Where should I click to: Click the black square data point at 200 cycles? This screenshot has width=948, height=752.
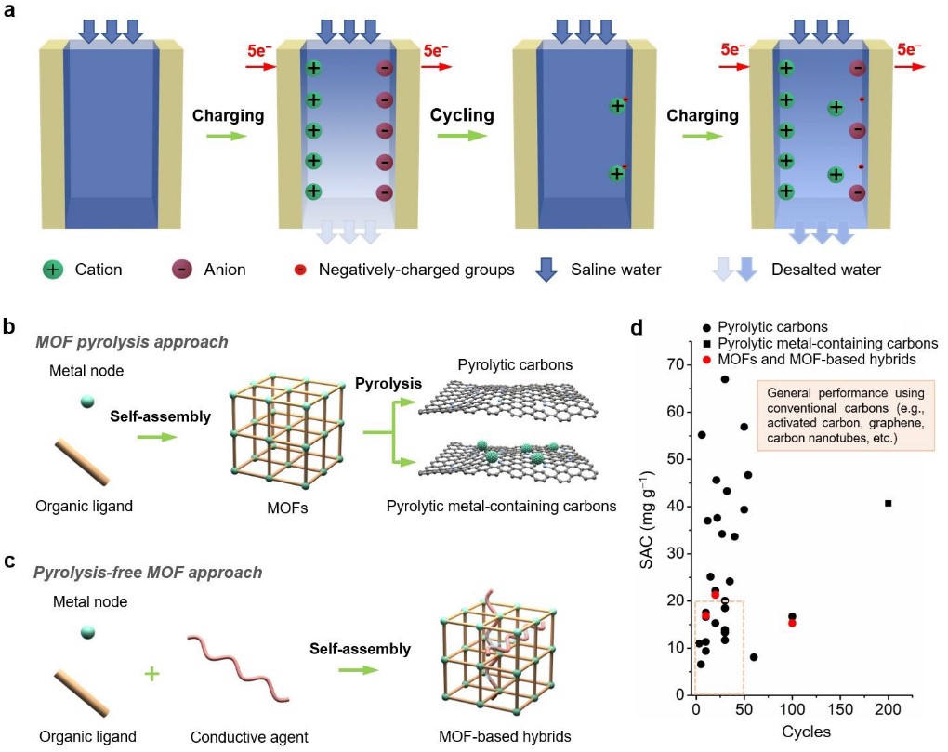pos(888,503)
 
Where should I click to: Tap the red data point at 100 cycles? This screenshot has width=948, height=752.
pos(792,623)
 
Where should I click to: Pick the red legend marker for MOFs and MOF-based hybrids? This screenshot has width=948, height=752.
pos(708,360)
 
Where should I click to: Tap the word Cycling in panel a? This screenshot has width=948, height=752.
pos(461,116)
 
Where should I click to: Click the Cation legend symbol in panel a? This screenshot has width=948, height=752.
pos(54,270)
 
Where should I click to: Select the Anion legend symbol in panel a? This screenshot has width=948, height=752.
pos(182,270)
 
